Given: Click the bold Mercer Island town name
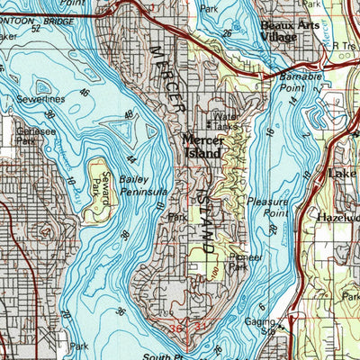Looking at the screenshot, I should click(x=208, y=146).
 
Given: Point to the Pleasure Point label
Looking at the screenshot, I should click(x=267, y=208).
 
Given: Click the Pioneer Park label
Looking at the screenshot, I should click(x=238, y=260).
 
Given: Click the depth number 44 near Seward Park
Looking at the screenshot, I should click(x=132, y=158).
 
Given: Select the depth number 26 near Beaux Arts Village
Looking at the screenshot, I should click(x=228, y=34).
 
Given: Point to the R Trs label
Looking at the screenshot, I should click(x=344, y=44).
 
